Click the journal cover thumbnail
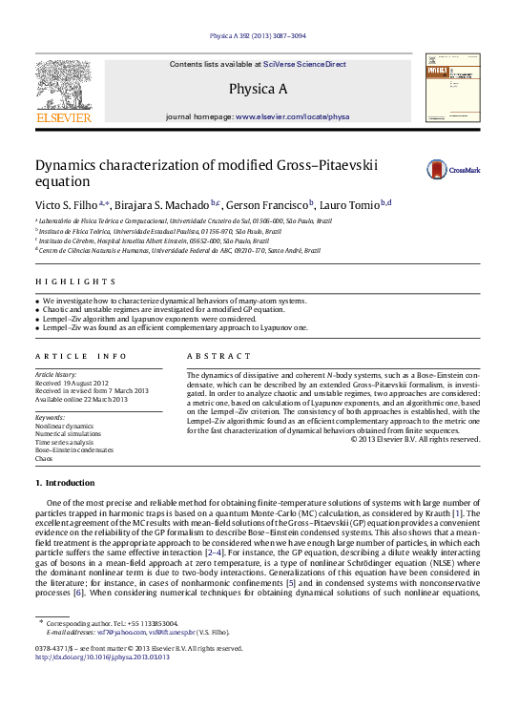pos(453,87)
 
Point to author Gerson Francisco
pos(271,204)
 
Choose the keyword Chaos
pos(44,459)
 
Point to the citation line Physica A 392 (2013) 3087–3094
pos(259,40)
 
